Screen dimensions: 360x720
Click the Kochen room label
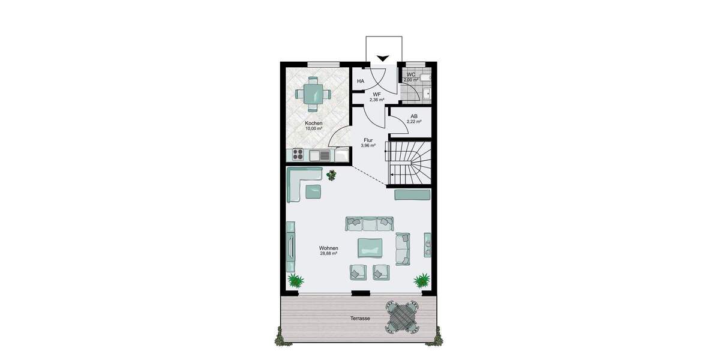(313, 123)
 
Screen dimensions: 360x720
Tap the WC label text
(410, 74)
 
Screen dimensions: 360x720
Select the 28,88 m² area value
(329, 253)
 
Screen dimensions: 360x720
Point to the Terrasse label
(361, 318)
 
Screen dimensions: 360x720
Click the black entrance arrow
(383, 58)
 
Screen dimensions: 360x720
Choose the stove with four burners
(298, 155)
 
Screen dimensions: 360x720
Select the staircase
(409, 162)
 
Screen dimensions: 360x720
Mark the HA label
(361, 81)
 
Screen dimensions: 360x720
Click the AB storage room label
(414, 116)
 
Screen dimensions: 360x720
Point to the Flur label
(368, 140)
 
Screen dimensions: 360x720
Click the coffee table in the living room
(370, 247)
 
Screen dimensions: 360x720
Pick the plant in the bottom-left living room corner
(295, 280)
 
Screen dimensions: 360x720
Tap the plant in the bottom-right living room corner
(422, 280)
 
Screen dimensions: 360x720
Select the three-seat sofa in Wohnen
(369, 224)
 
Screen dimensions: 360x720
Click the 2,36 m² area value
(377, 100)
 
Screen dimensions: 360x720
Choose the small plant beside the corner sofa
(332, 175)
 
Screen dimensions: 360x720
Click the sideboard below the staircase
(412, 195)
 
